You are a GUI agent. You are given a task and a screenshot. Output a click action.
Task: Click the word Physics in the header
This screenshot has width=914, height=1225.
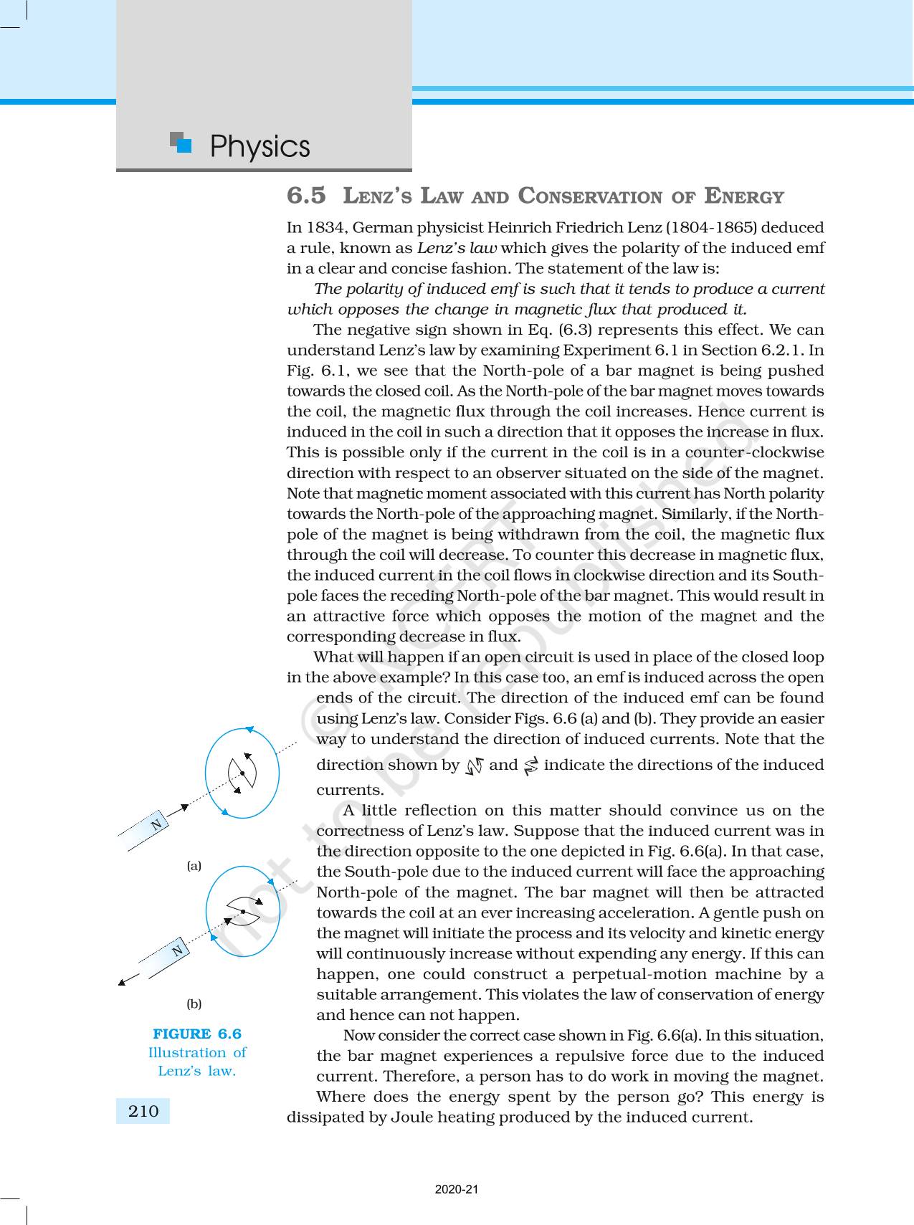click(260, 146)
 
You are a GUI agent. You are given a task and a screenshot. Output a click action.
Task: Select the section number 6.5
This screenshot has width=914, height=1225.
click(306, 195)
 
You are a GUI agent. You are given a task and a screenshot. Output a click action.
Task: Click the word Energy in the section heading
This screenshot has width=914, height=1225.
click(744, 196)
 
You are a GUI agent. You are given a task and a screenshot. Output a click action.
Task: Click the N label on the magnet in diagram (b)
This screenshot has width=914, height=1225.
click(178, 950)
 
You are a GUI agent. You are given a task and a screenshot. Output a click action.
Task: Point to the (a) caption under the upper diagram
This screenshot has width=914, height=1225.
click(194, 866)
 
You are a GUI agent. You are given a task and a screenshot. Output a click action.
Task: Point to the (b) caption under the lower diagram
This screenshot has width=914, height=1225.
click(194, 1004)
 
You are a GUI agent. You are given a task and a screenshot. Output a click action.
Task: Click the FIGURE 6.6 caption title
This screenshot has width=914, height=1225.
click(197, 1034)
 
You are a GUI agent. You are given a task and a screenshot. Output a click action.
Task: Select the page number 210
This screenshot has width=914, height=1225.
click(143, 1111)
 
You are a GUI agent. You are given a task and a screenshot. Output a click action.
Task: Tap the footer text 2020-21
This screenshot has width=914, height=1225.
click(457, 1189)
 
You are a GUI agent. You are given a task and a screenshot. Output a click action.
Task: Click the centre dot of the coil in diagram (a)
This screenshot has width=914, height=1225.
click(243, 773)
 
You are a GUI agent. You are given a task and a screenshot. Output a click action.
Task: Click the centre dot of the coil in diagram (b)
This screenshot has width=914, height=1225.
click(243, 911)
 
